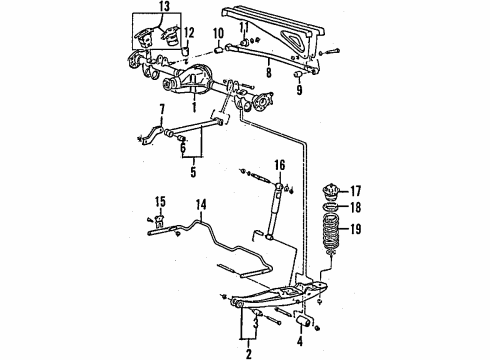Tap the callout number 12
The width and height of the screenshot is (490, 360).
tap(189, 31)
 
